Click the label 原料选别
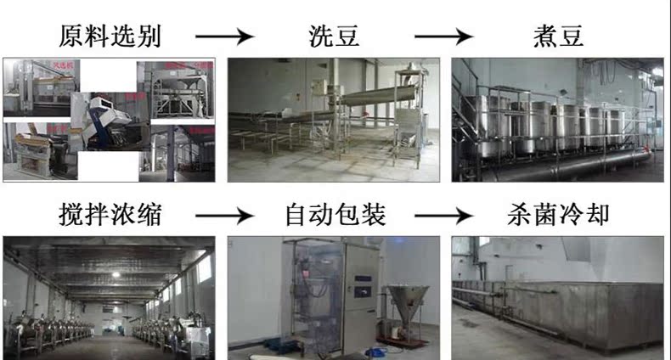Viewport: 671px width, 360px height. [x=110, y=36]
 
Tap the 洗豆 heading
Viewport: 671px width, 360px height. [x=334, y=36]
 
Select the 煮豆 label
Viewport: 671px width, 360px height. [x=557, y=36]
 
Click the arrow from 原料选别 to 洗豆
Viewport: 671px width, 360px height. [x=225, y=37]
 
